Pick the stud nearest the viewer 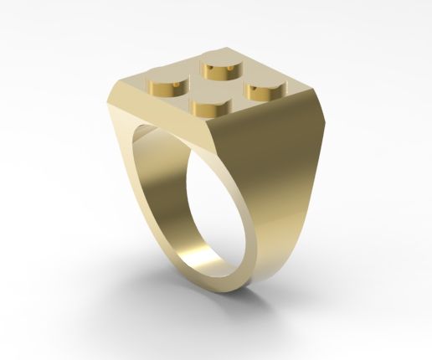[209, 108]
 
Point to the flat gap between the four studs [214, 86]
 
